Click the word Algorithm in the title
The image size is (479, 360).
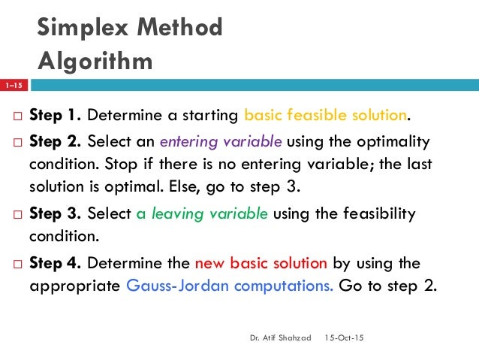click(95, 60)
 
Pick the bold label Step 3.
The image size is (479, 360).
click(56, 213)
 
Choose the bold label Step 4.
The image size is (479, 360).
click(56, 263)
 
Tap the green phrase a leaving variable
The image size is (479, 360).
click(201, 213)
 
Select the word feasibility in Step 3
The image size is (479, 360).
click(375, 213)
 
